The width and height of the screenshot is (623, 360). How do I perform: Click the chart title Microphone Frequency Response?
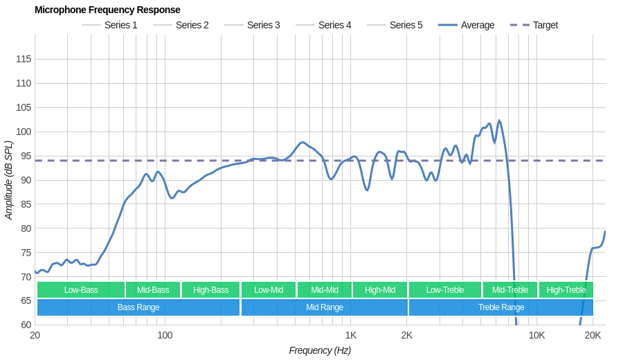[107, 10]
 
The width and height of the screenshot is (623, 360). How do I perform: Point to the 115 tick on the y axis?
[24, 59]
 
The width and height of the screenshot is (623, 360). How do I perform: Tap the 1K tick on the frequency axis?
[351, 336]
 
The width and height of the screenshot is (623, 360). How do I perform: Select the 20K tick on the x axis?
[593, 336]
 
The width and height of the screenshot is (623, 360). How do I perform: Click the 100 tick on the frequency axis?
[165, 336]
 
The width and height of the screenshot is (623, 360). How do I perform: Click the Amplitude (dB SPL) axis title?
[8, 180]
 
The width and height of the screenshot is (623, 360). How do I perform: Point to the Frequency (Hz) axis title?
[320, 350]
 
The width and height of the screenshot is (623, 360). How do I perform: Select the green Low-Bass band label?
[81, 290]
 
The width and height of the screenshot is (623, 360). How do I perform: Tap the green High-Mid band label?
[380, 290]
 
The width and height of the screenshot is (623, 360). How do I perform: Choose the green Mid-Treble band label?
[510, 290]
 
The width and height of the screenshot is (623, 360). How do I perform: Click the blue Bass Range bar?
[138, 307]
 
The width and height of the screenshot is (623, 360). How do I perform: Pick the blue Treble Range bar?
[501, 307]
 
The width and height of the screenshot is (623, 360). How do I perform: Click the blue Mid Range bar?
[324, 307]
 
